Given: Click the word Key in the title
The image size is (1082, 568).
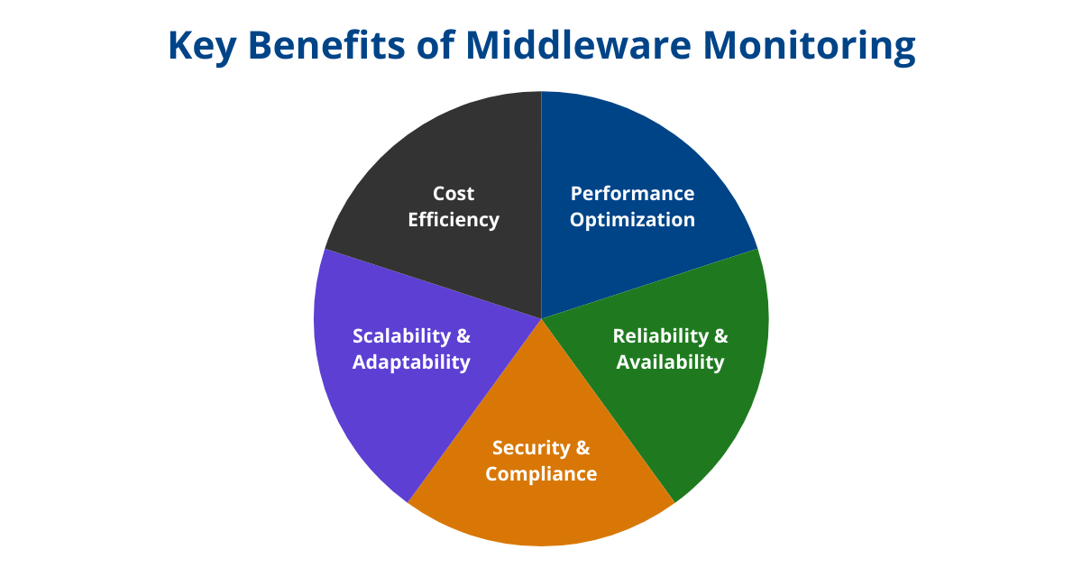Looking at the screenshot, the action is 202,46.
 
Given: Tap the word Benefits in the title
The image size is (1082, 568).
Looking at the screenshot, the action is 326,45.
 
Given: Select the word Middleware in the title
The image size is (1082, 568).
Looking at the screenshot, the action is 579,45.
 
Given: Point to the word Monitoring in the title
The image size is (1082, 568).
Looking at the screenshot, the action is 809,47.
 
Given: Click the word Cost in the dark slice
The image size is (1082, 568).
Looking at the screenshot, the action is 453,194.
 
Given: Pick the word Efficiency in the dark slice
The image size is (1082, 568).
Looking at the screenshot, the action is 453,220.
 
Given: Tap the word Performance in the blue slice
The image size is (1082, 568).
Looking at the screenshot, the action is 632,194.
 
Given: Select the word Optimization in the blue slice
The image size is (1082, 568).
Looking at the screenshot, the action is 632,220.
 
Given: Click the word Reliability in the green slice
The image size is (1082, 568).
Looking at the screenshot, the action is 660,336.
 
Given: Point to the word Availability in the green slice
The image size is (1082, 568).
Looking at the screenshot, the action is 670,362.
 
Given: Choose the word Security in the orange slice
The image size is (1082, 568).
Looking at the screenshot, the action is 531,448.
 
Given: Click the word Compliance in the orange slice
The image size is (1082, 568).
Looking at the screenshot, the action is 541,474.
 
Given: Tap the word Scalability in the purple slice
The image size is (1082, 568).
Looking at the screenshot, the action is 401,336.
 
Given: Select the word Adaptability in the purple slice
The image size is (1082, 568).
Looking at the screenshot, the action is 411,362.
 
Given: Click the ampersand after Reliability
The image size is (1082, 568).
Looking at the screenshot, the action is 720,336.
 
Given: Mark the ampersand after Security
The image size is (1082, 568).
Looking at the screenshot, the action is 583,448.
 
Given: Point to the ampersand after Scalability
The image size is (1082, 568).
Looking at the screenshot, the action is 463,336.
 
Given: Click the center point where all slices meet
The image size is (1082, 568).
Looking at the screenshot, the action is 541,319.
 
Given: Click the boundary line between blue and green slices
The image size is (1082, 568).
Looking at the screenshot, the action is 649,283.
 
